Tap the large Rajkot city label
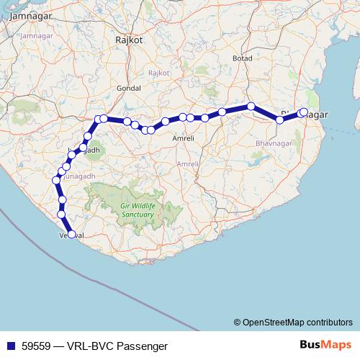(x=130, y=41)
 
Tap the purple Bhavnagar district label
(x=271, y=144)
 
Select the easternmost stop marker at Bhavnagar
(x=304, y=112)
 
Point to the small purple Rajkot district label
(x=158, y=73)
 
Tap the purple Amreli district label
(x=187, y=164)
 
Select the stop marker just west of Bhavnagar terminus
(x=280, y=120)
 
